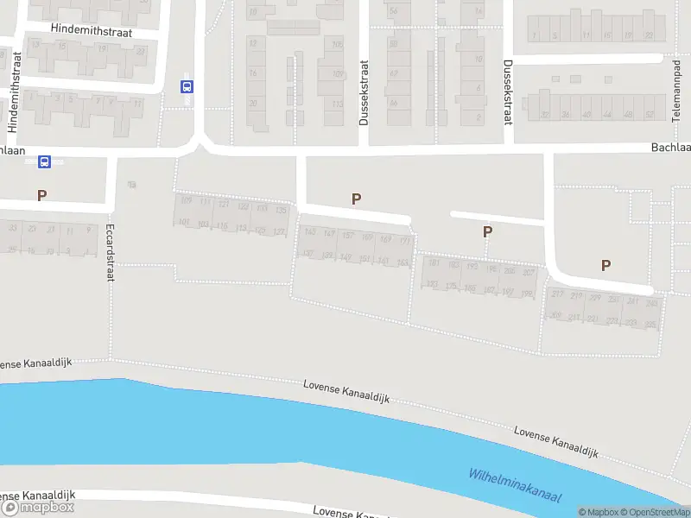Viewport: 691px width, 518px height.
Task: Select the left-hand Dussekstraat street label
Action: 365,93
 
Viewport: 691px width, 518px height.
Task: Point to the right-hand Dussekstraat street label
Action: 508,93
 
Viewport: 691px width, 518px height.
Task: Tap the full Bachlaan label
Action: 670,148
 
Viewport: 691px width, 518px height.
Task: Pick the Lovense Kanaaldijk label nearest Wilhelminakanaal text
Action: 556,441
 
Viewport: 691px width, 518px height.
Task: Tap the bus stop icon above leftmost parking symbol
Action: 44,161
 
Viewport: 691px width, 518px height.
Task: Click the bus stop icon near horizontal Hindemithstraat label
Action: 187,86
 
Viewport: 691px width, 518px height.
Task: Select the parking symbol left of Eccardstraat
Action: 41,196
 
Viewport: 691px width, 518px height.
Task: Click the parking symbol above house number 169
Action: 356,199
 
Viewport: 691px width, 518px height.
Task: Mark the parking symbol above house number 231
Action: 605,266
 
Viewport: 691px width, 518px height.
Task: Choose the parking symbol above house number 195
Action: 487,231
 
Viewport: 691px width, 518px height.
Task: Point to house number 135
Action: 281,210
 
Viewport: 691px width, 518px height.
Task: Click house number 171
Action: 404,240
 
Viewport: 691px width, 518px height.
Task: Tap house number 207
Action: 529,273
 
